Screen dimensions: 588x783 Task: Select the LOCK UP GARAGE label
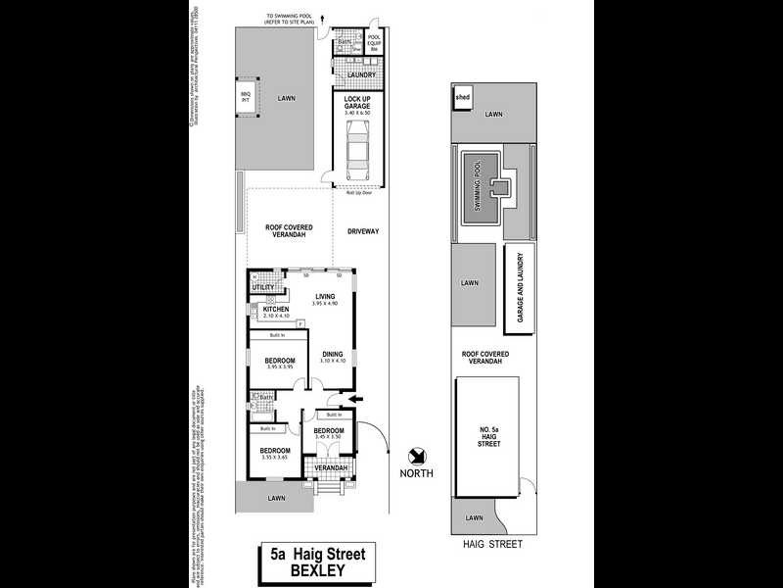357,104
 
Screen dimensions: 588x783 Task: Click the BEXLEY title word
317,572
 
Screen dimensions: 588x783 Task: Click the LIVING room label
326,296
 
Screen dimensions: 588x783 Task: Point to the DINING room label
334,354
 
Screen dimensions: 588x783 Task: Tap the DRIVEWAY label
362,231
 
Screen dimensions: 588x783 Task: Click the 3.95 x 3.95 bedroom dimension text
281,368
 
